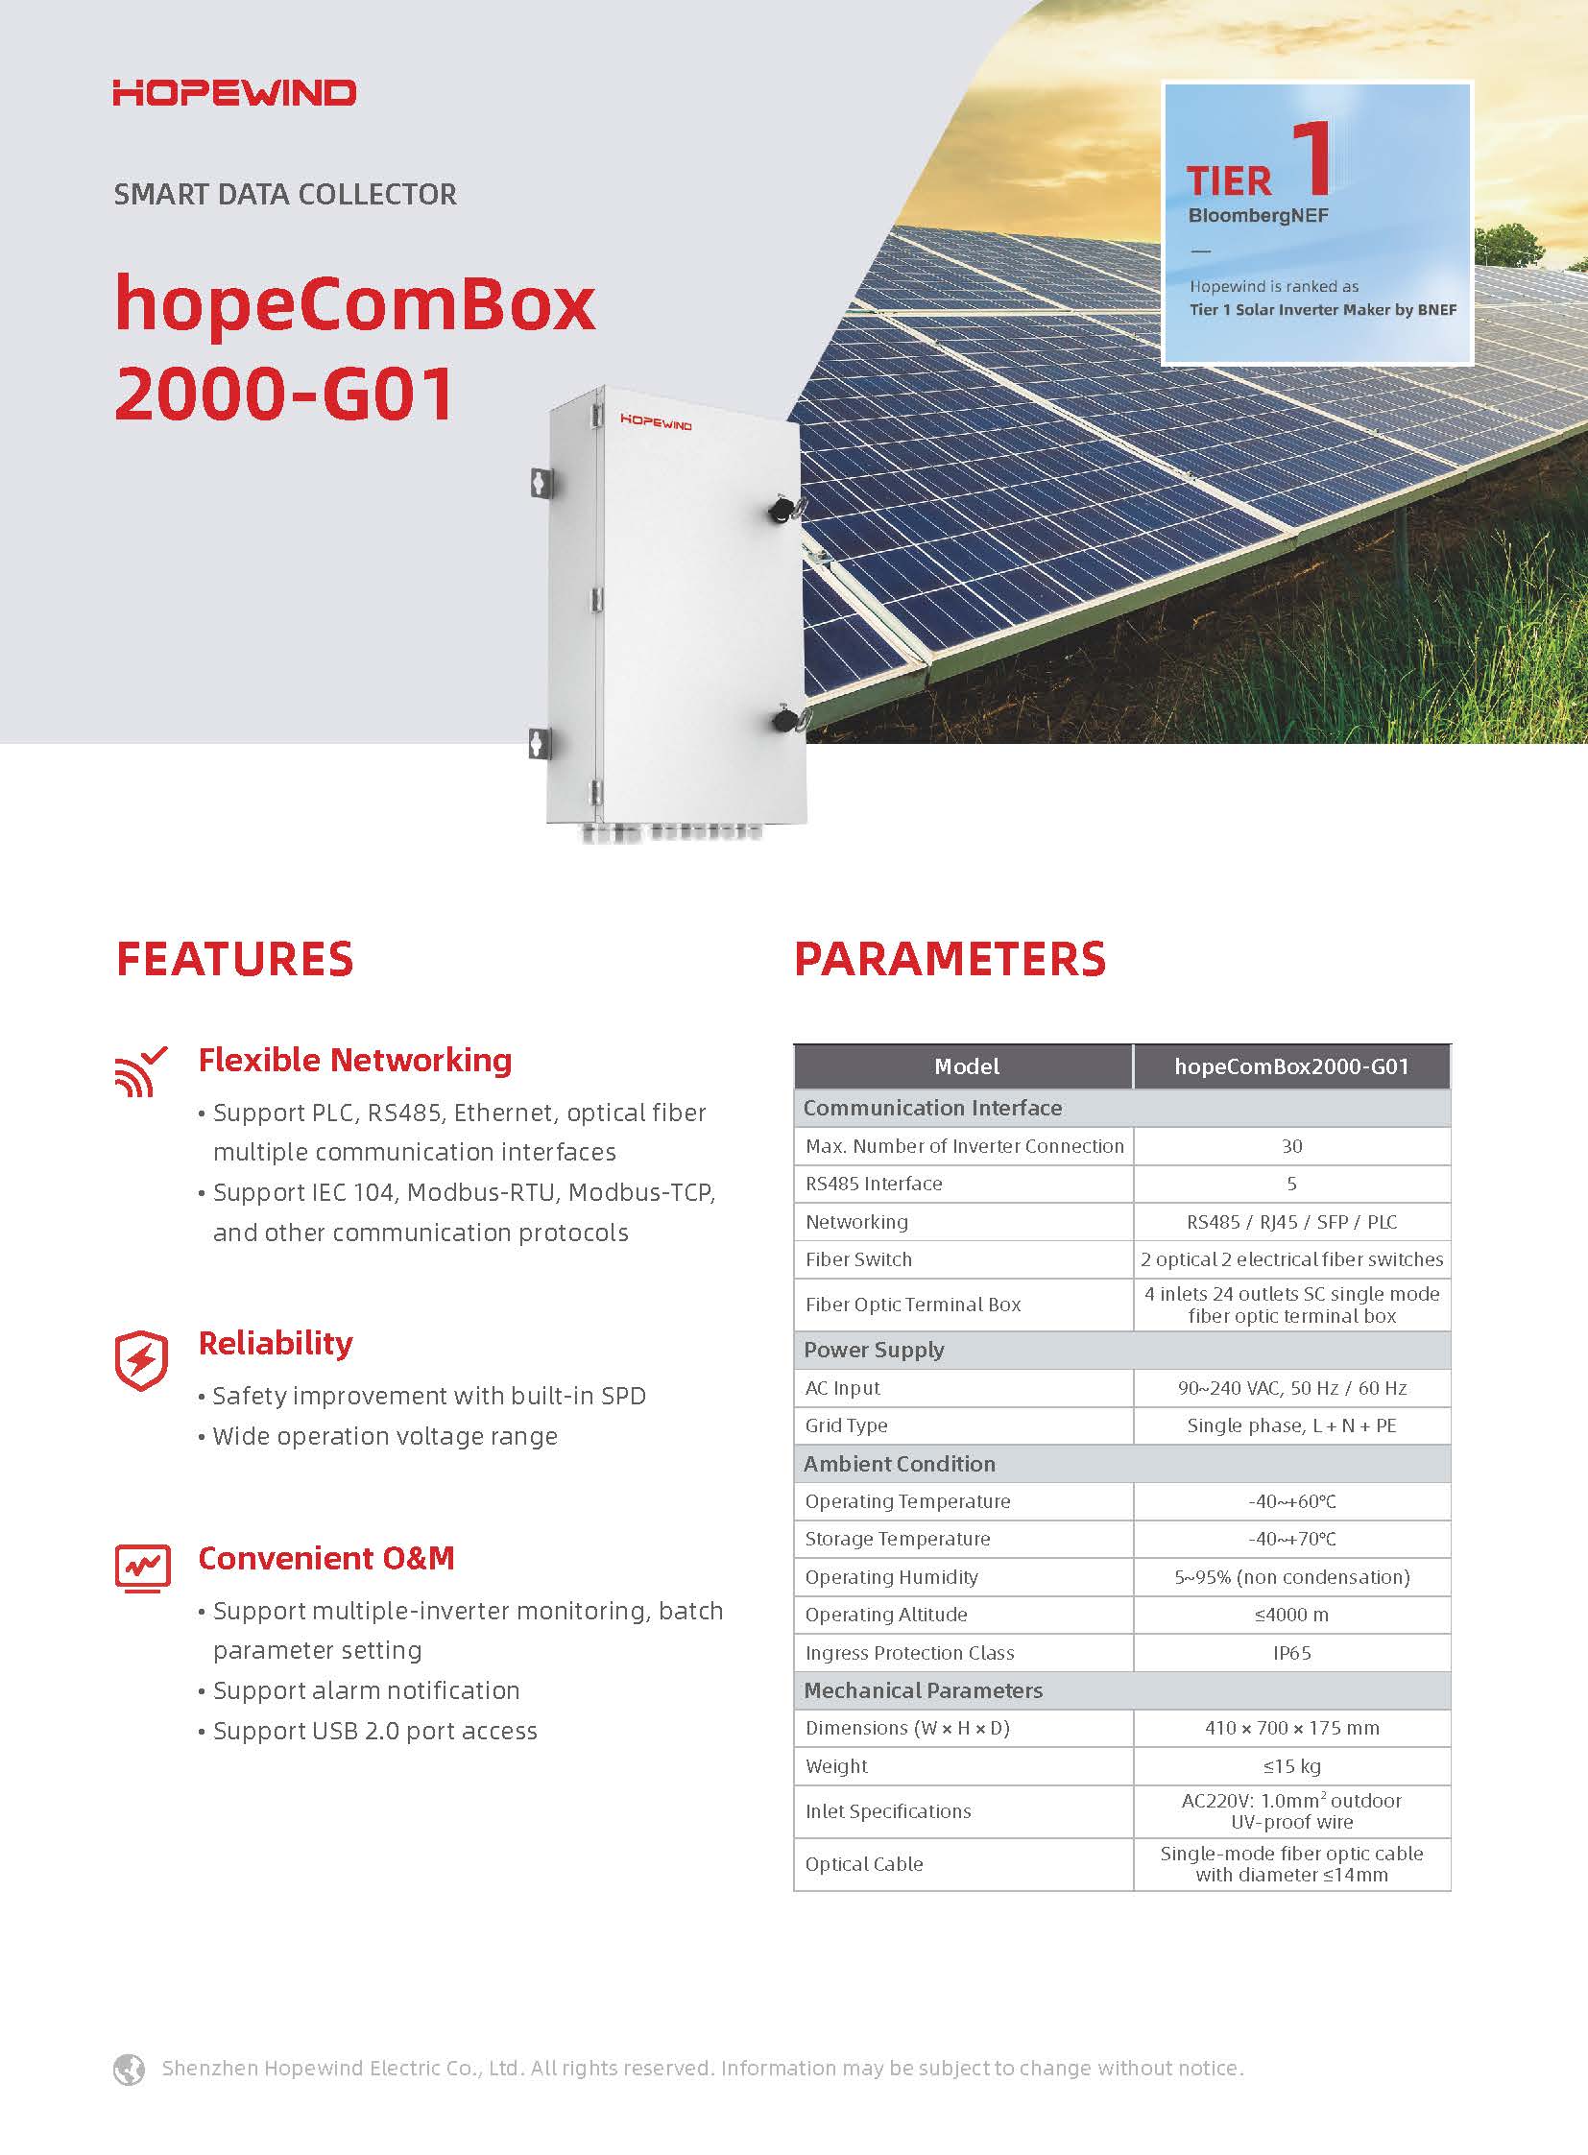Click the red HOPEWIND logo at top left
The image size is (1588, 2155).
pos(234,93)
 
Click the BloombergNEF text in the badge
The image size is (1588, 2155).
pos(1259,215)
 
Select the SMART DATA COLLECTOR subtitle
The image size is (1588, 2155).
pos(284,194)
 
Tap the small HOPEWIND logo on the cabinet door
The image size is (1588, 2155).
pos(656,422)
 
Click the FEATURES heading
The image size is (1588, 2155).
pos(234,958)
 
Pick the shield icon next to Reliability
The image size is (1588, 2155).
pos(141,1361)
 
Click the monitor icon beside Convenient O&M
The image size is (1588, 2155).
pos(142,1567)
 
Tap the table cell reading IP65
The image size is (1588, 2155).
pos(1292,1652)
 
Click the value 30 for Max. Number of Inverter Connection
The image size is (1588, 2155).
pos(1292,1146)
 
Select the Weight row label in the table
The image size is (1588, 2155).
pos(836,1765)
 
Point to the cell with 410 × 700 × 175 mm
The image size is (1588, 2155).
pos(1292,1727)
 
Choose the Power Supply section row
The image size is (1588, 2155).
pos(1121,1350)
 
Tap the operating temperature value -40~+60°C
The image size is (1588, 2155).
pos(1292,1501)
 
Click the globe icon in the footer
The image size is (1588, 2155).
pos(129,2068)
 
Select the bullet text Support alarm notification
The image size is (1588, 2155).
pos(366,1689)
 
